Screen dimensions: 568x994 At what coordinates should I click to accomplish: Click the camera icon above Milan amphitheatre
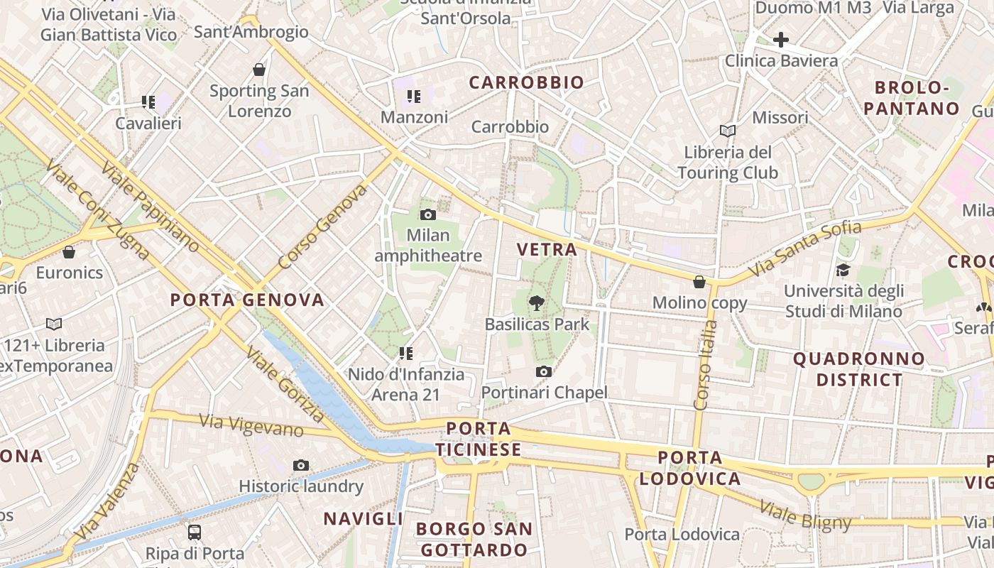[428, 214]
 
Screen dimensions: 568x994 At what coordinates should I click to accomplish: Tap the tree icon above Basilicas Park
[537, 304]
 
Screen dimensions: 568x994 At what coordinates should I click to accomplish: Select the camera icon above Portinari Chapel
[544, 371]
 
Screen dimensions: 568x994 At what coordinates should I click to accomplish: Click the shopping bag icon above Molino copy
[699, 282]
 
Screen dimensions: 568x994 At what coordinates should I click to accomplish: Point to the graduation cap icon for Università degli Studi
[843, 270]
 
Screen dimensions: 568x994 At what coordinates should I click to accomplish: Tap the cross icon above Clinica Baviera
[781, 40]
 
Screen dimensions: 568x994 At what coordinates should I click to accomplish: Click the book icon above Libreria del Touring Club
[728, 131]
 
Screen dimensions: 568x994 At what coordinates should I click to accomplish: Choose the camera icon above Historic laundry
[301, 466]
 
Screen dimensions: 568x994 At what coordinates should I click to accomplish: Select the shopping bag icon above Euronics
[69, 252]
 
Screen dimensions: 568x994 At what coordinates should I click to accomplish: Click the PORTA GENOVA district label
[247, 300]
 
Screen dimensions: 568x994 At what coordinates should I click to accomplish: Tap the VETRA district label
[547, 250]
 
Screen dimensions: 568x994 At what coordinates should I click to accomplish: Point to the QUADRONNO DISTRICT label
[859, 369]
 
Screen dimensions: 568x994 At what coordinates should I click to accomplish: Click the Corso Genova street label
[324, 226]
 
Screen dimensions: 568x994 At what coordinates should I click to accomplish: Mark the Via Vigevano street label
[251, 425]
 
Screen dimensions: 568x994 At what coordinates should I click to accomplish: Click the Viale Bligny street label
[805, 515]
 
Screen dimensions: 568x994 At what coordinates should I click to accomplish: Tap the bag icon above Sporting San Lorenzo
[259, 70]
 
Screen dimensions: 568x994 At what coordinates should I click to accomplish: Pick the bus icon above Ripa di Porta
[195, 532]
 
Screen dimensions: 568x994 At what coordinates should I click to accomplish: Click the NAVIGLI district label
[364, 519]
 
